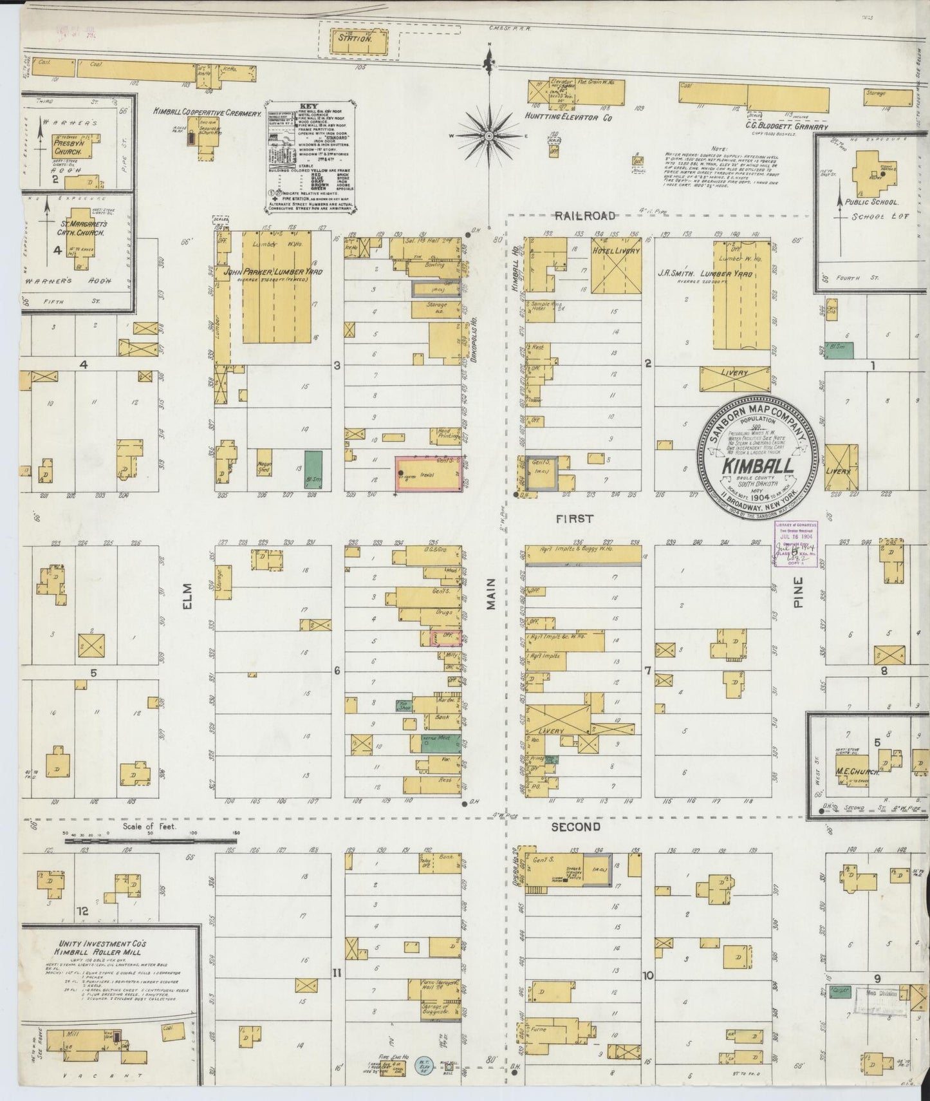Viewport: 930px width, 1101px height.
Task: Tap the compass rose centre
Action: point(489,136)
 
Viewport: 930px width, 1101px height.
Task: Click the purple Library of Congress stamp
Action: point(795,544)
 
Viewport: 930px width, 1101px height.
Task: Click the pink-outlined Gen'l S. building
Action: point(428,475)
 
